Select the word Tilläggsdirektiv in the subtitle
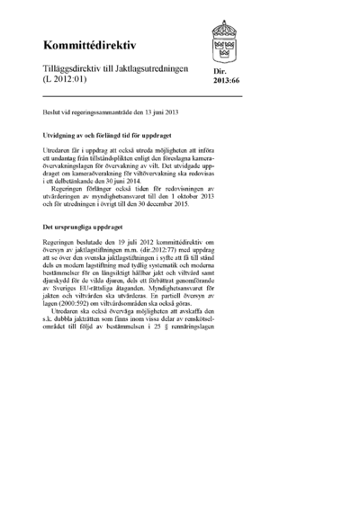[71, 68]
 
